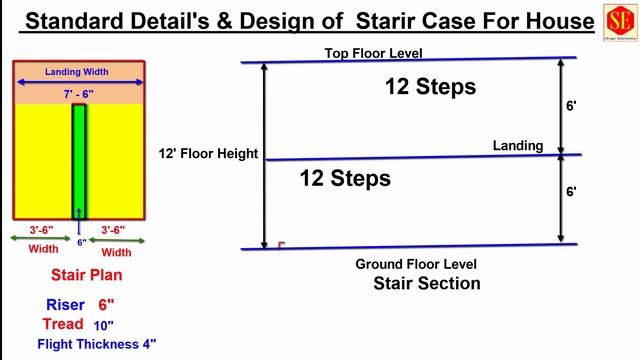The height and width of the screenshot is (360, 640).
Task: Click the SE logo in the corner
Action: coord(616,22)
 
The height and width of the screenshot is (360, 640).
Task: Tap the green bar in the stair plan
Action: coord(79,160)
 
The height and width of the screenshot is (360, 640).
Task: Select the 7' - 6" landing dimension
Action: coord(79,93)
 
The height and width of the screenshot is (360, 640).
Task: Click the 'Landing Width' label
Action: coord(79,72)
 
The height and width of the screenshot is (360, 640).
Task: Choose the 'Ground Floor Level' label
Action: coord(416,264)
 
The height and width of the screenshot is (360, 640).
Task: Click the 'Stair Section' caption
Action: coord(427,283)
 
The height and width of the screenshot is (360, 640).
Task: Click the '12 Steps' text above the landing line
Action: coord(430,87)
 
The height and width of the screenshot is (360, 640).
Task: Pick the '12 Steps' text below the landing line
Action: coord(345,179)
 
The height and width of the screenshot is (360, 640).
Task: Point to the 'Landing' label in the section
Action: coord(518,146)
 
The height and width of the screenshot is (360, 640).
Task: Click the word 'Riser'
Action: coord(65,304)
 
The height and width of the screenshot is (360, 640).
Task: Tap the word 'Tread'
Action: coord(63,324)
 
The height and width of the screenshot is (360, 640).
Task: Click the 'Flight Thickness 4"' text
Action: coord(97,344)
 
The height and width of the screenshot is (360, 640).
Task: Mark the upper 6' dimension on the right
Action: coord(571,105)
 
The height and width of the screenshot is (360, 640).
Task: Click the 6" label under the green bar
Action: coord(80,242)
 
